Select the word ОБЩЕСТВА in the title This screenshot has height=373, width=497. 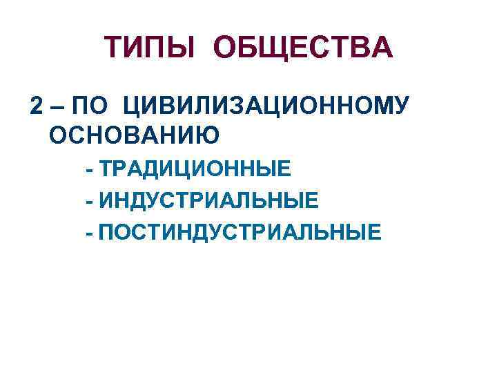click(x=303, y=48)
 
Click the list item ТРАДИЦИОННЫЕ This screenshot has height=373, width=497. click(x=195, y=169)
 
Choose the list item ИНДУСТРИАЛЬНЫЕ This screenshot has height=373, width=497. click(x=209, y=200)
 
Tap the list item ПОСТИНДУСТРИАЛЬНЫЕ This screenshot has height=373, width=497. click(x=239, y=232)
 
